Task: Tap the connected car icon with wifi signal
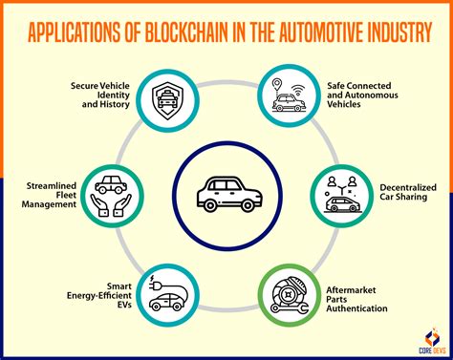coord(289,95)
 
